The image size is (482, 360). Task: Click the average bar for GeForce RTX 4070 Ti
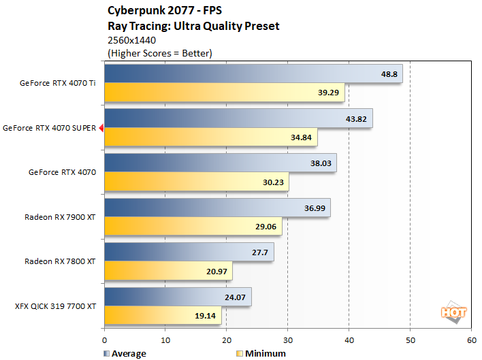click(x=253, y=74)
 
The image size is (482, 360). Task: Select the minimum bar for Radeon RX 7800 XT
click(x=168, y=272)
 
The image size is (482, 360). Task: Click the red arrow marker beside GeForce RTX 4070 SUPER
click(x=101, y=127)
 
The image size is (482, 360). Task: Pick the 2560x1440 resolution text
click(x=130, y=41)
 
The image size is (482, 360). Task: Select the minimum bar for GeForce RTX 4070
click(x=196, y=182)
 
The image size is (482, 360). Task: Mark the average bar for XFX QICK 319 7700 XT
click(x=178, y=296)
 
